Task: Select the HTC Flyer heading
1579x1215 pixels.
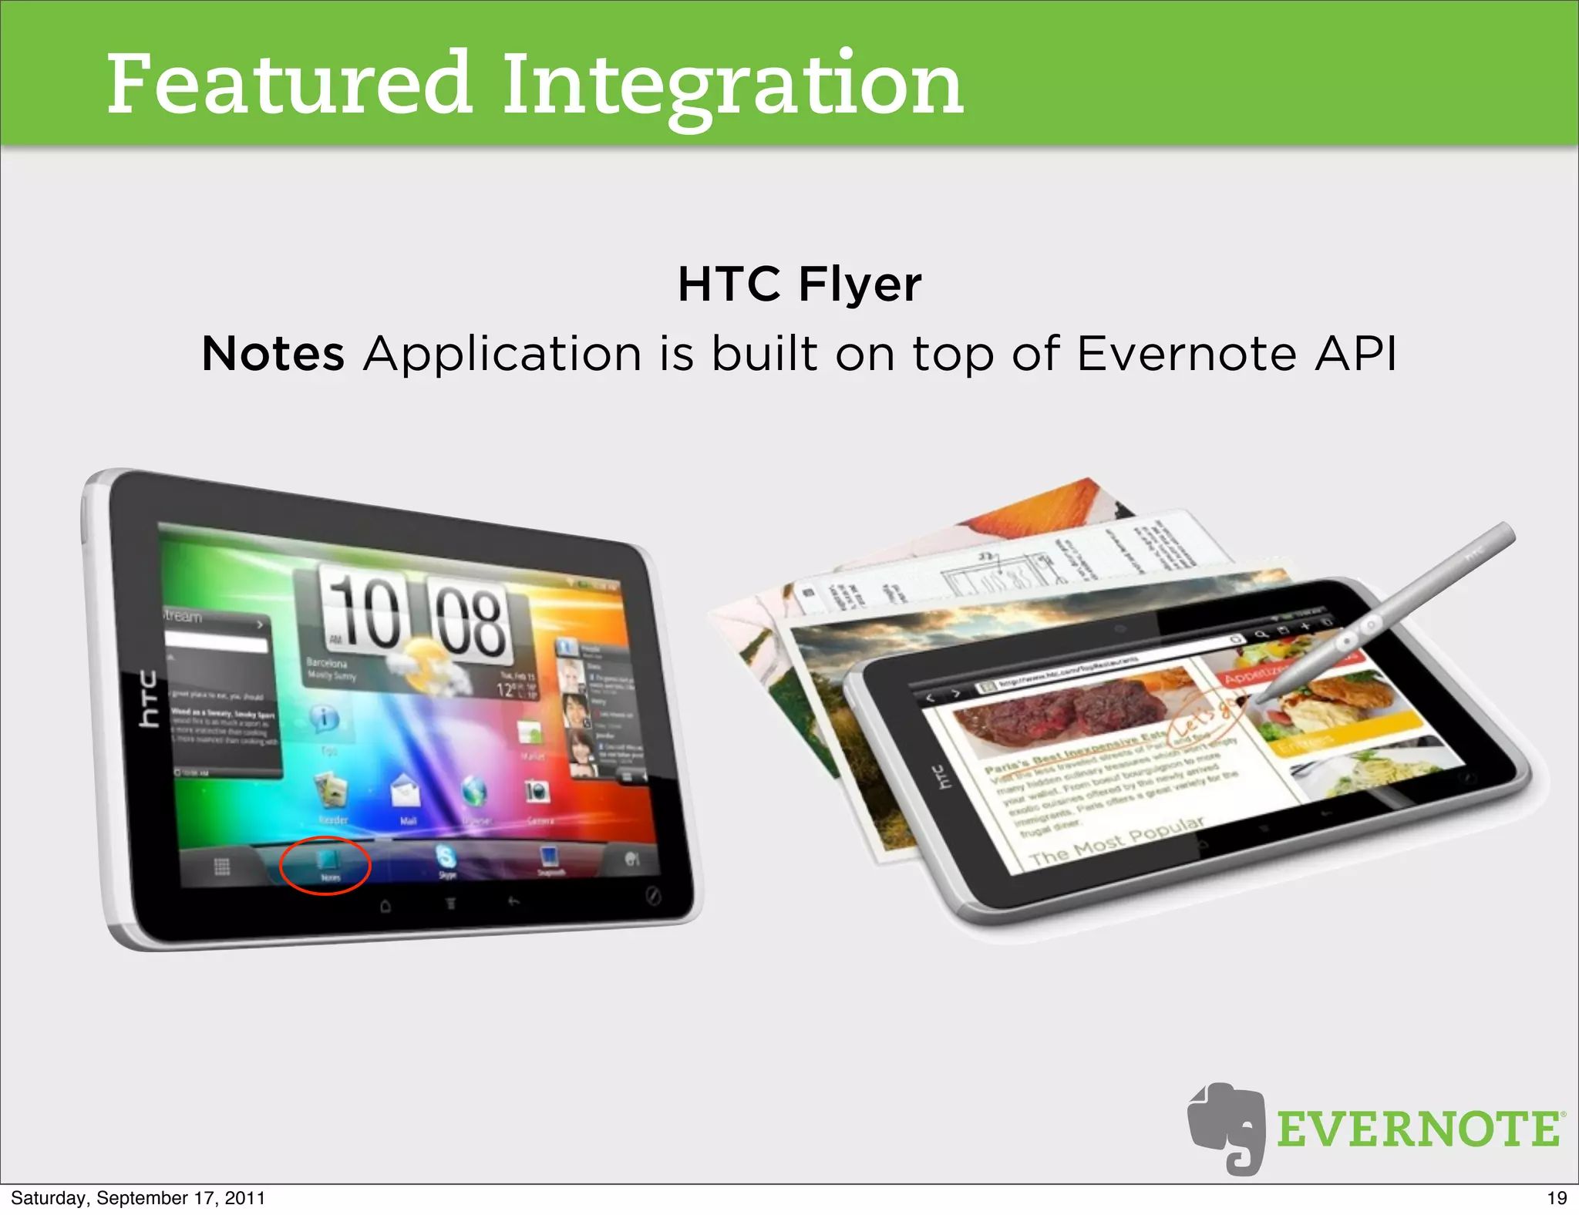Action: pos(799,284)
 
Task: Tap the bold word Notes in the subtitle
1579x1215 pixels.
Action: pos(272,355)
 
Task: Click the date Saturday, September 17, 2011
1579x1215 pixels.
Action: pos(137,1198)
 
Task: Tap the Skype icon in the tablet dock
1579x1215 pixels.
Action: pos(446,857)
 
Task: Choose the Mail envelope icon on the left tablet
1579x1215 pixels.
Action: pos(406,794)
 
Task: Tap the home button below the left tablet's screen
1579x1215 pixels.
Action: pos(385,906)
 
